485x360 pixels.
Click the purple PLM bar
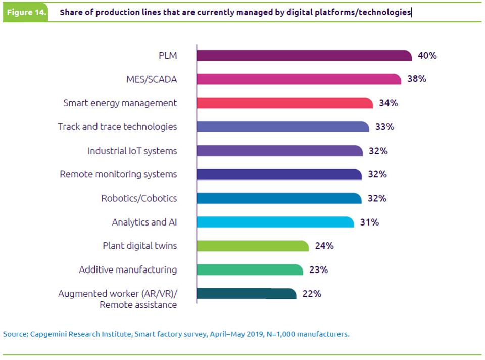pos(303,56)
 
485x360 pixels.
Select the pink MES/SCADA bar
pos(298,79)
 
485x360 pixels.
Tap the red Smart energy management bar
pos(284,103)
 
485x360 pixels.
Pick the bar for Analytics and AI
pos(274,222)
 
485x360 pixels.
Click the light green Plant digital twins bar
pos(252,246)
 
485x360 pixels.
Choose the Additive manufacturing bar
pos(249,269)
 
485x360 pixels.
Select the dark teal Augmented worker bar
pos(246,293)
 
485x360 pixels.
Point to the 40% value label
pos(427,56)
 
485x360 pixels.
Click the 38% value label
pos(417,79)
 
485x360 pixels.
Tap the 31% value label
pos(369,222)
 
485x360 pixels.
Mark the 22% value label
pos(312,293)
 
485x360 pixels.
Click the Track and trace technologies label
pos(117,127)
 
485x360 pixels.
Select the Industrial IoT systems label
pos(132,151)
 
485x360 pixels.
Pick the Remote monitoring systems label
pos(118,174)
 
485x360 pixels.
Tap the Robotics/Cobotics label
pos(139,198)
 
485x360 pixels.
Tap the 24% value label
pos(324,246)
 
